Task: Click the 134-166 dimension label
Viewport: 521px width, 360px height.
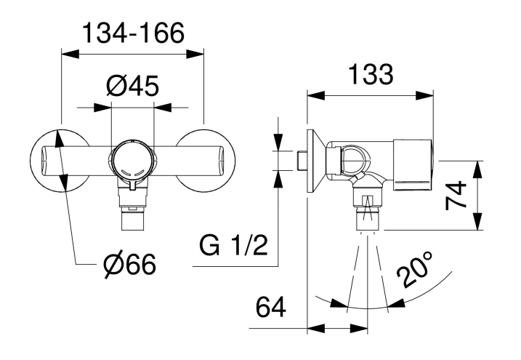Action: coord(133,33)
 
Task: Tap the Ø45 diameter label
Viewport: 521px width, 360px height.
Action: coord(132,86)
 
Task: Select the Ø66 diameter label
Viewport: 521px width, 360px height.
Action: coord(129,265)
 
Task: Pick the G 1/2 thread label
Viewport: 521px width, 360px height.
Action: coord(233,246)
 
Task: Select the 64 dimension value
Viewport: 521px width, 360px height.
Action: coord(270,307)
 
